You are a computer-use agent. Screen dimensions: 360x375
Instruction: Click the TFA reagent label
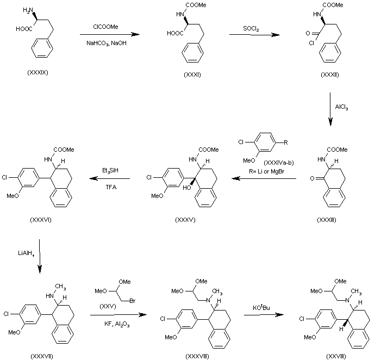111,187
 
